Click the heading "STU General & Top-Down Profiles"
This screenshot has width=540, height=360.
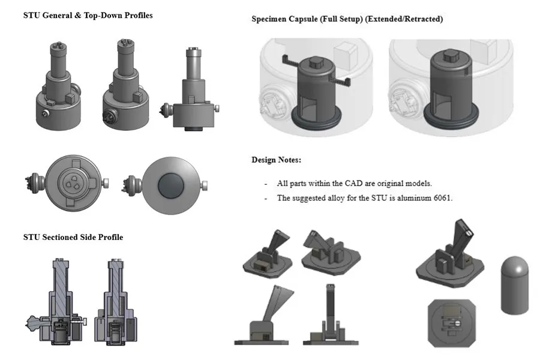[x=88, y=16]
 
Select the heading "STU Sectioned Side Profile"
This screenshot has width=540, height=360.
[x=73, y=237]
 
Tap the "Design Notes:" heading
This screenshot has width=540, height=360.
[x=276, y=160]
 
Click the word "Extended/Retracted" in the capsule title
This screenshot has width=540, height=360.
[x=404, y=19]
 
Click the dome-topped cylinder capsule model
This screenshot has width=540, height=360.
[x=514, y=285]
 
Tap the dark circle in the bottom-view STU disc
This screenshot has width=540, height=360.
[x=171, y=185]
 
